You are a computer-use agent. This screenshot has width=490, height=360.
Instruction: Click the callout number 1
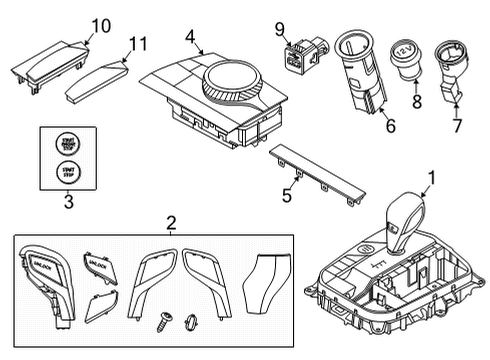[431, 180]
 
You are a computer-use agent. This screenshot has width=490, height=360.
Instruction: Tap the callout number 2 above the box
[170, 222]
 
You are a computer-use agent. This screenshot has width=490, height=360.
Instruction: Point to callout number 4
[189, 37]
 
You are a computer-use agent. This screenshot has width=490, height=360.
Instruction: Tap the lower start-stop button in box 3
[67, 173]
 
